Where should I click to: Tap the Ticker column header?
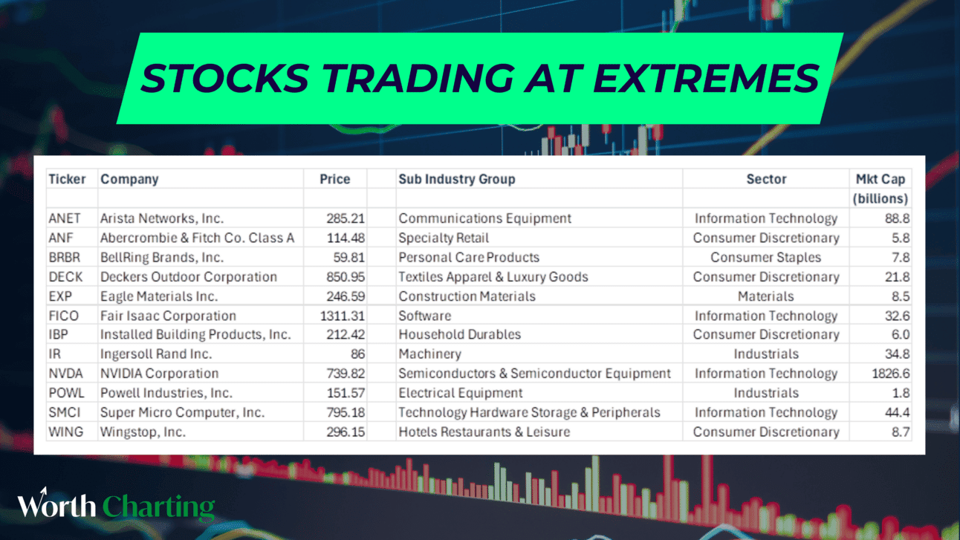coord(67,179)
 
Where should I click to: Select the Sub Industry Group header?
coord(457,179)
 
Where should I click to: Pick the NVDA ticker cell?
coord(65,374)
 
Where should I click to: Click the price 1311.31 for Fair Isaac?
coord(343,316)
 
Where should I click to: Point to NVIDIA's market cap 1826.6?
coord(891,374)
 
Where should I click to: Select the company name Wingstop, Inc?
coord(143,432)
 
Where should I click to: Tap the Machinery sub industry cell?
coord(430,354)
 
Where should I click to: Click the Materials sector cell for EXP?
coord(766,296)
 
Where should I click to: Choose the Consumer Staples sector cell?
coord(766,257)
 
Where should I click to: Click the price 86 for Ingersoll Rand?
coord(357,354)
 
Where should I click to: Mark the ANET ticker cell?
coord(65,218)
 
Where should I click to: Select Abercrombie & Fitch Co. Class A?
coord(197,238)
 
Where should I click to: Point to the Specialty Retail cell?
coord(444,238)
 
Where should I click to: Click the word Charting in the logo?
coord(158,507)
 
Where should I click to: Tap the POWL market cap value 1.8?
coord(901,393)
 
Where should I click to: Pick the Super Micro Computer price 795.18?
coord(346,412)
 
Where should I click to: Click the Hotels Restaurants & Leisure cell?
coord(484,432)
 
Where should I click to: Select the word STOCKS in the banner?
coord(225,78)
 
